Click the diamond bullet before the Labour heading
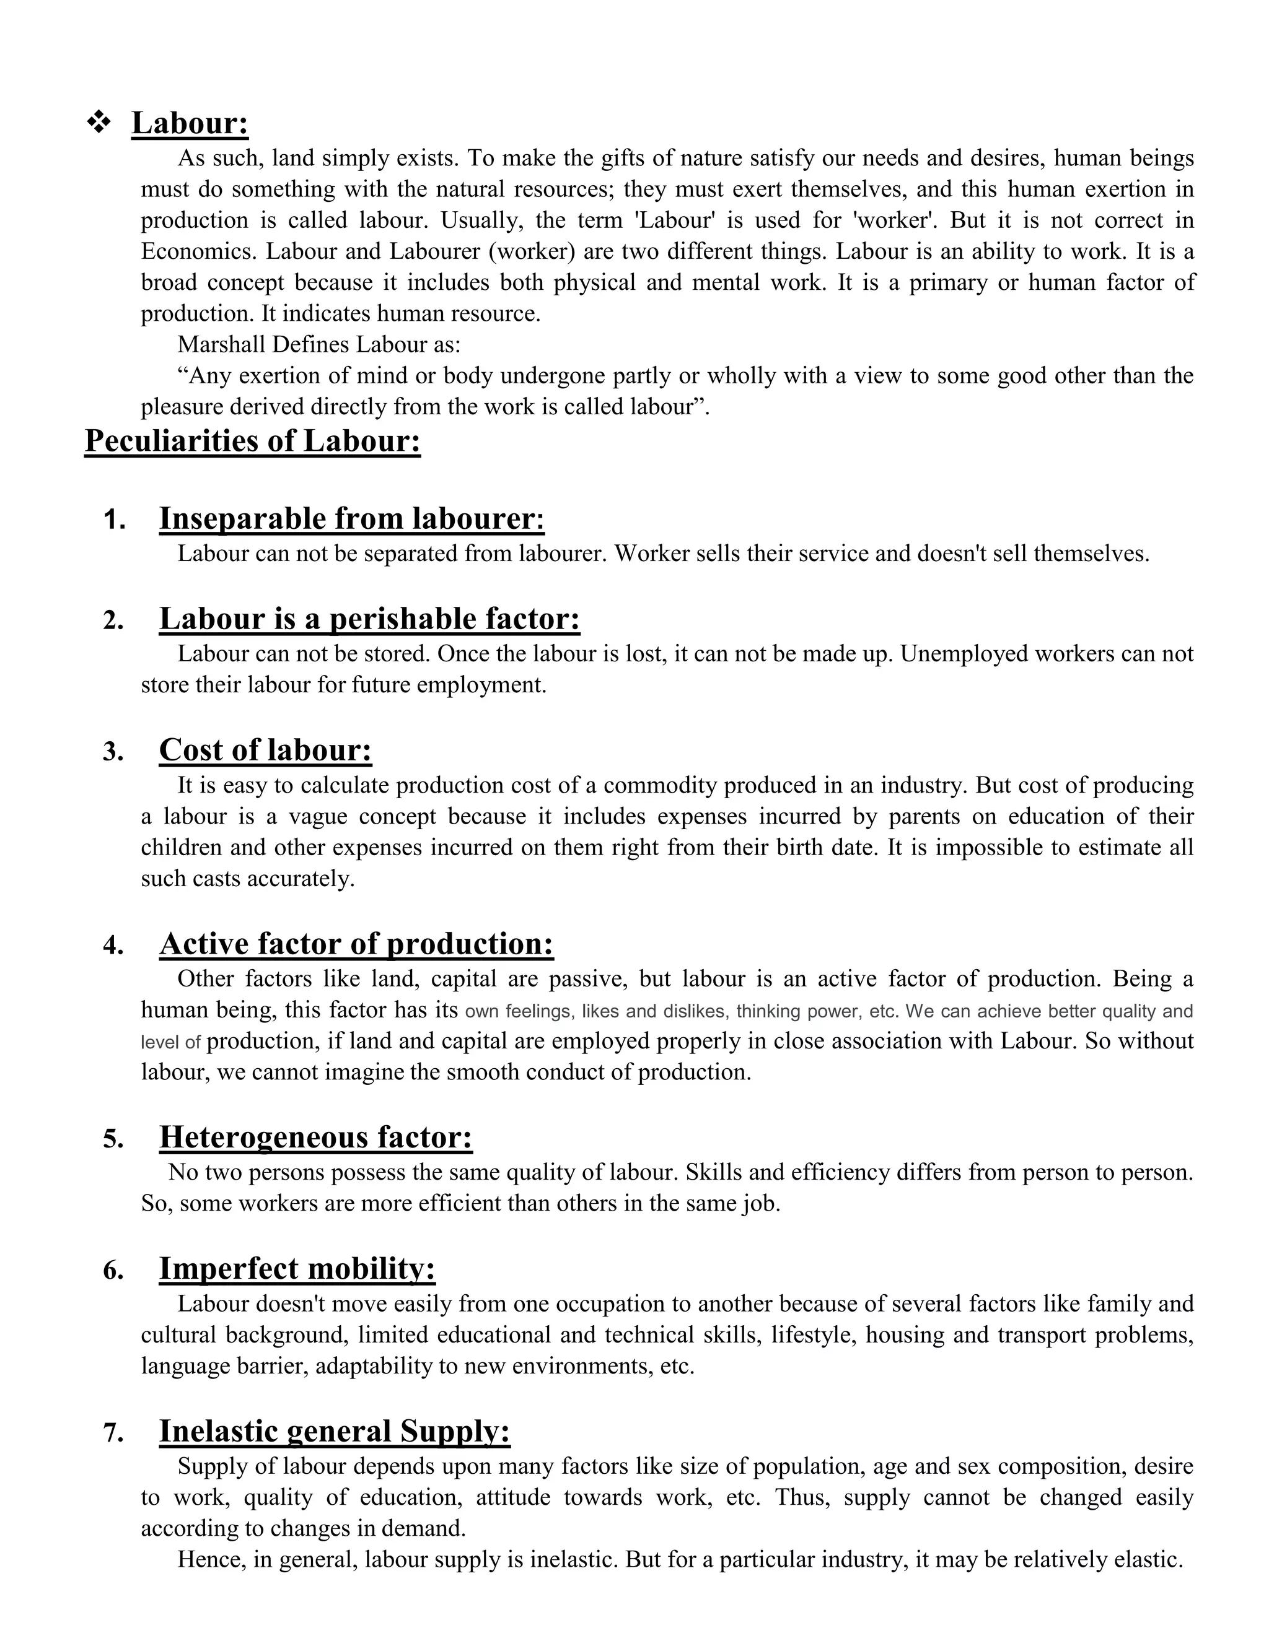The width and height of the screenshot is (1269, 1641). click(x=99, y=121)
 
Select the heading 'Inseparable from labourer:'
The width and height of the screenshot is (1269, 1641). click(x=351, y=518)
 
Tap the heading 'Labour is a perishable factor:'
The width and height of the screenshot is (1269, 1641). click(x=369, y=619)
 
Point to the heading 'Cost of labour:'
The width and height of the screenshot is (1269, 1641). click(x=265, y=750)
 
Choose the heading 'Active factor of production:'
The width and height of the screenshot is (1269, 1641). click(x=356, y=944)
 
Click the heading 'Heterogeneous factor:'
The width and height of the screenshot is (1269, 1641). click(x=316, y=1137)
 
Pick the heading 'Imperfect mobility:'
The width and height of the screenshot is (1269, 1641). click(x=297, y=1268)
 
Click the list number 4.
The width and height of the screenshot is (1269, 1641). click(x=113, y=945)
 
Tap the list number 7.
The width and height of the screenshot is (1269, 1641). click(x=113, y=1433)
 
